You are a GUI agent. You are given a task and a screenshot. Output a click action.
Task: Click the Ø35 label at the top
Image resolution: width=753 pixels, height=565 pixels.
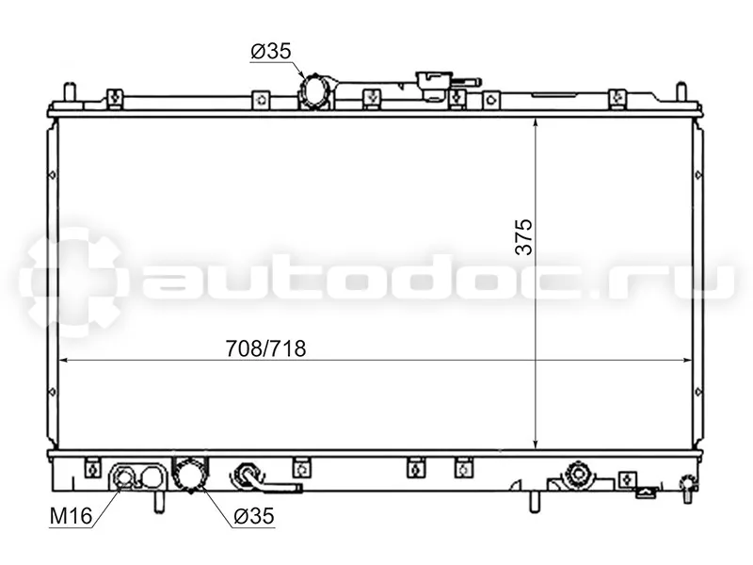pyautogui.click(x=271, y=51)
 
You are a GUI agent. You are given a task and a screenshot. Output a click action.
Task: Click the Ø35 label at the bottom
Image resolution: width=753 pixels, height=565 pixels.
pyautogui.click(x=254, y=516)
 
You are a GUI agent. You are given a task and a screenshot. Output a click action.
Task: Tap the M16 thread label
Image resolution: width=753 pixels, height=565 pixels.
pyautogui.click(x=71, y=516)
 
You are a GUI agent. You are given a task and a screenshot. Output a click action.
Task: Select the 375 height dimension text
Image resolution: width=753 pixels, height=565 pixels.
pyautogui.click(x=523, y=237)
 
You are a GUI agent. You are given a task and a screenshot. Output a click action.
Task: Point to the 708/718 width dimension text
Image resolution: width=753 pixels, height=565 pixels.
pyautogui.click(x=265, y=348)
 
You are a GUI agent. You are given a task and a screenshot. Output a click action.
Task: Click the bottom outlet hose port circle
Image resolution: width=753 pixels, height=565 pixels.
pyautogui.click(x=191, y=475)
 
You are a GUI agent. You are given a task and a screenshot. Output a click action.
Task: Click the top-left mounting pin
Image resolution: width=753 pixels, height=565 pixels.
pyautogui.click(x=69, y=92)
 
